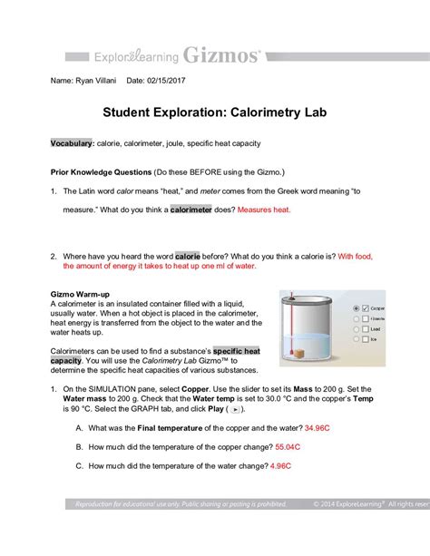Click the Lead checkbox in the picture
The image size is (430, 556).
coord(365,329)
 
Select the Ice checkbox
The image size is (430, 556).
coord(365,340)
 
